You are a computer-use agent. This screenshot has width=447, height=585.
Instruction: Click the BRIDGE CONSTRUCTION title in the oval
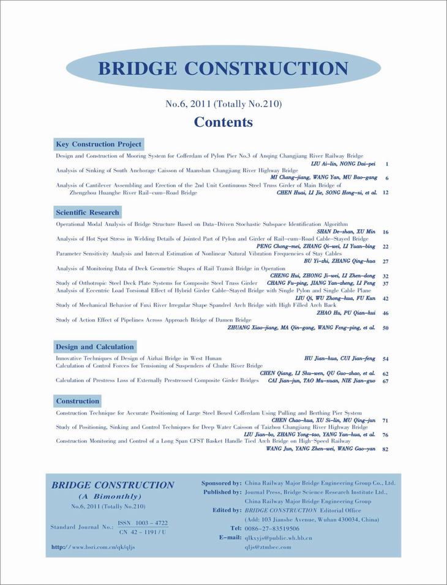tap(223, 67)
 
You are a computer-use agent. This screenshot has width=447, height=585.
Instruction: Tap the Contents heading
tap(223, 122)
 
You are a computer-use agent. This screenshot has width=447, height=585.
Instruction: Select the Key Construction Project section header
tap(99, 145)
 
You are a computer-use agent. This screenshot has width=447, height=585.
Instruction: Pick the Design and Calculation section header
tap(94, 347)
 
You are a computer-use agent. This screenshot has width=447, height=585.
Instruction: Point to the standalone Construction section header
tap(77, 401)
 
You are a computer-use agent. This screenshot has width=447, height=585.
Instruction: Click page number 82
tap(385, 449)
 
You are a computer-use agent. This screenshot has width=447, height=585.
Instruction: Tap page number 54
tap(385, 358)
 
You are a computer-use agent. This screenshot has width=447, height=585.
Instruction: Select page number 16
tap(385, 232)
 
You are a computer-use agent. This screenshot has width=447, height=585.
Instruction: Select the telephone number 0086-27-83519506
tap(272, 528)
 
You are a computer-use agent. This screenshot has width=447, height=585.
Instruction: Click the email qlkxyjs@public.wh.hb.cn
tap(279, 537)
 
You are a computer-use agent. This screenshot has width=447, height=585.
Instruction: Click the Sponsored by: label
tap(221, 483)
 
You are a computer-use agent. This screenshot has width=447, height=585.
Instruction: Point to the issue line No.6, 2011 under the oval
tap(223, 104)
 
